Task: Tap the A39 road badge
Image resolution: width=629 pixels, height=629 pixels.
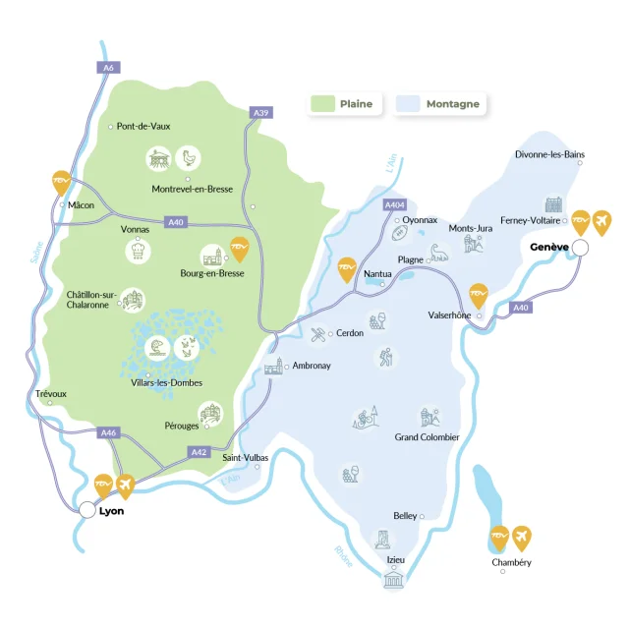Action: pos(260,114)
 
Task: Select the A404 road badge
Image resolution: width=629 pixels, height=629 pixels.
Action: pos(394,204)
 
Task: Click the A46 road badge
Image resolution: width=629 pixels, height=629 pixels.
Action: pos(109,431)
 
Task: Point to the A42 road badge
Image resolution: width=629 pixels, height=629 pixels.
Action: pos(198,451)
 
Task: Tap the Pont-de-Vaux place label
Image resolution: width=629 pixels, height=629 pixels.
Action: pos(143,126)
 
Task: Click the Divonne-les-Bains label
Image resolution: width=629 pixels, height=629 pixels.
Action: pos(549,154)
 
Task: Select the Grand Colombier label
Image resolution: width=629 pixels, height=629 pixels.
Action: pos(427,437)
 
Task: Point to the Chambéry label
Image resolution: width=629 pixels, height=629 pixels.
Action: pos(511,562)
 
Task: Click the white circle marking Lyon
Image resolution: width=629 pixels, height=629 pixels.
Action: pos(87,510)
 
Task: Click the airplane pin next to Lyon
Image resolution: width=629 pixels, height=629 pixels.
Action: pos(126,485)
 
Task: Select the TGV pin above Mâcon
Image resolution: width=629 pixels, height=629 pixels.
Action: pos(62,183)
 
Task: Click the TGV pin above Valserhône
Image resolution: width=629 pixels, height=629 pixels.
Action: pos(478,294)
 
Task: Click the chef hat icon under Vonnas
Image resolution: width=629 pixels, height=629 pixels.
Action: pos(139,251)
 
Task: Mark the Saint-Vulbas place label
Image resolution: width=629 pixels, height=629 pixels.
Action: pos(246,457)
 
